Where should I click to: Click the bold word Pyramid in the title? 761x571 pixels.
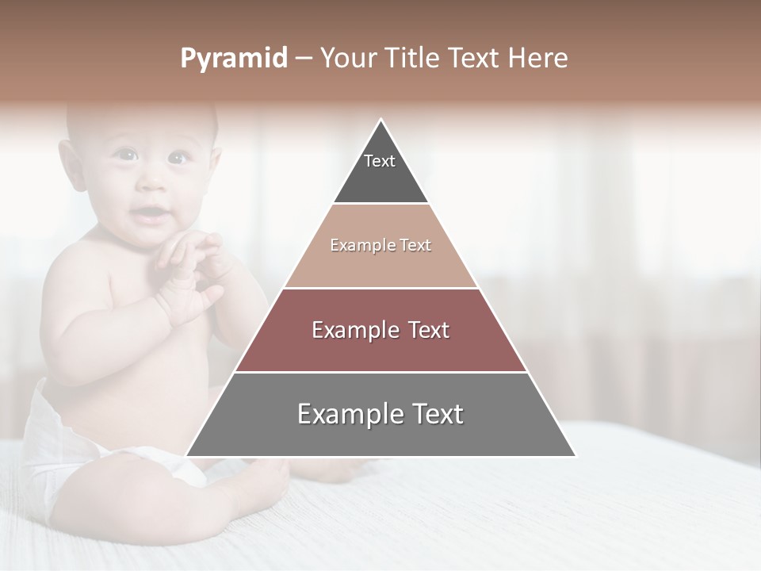(233, 59)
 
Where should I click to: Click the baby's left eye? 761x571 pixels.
(176, 158)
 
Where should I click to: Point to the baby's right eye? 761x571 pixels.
(124, 155)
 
